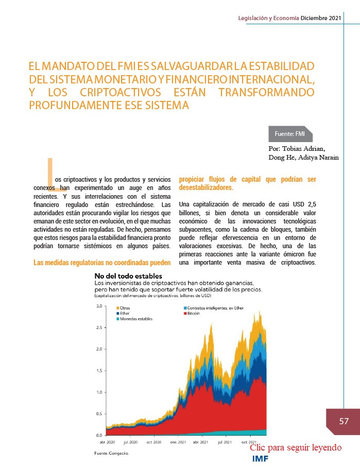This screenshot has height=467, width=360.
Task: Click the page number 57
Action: pos(344,421)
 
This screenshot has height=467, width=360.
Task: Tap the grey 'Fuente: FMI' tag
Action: pos(290,134)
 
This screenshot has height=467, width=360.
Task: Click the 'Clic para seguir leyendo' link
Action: pos(296,447)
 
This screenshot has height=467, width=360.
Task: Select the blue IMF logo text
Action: pos(260,459)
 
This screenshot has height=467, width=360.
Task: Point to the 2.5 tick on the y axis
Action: pos(99,327)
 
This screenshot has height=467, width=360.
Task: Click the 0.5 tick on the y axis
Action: pos(99,413)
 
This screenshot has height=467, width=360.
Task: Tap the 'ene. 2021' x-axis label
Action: pos(178,442)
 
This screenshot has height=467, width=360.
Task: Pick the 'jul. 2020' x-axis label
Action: pos(130,442)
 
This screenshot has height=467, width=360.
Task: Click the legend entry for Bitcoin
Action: pos(192,314)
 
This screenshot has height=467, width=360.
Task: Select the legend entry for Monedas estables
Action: pos(134,319)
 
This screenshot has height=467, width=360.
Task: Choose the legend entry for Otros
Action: pos(123,308)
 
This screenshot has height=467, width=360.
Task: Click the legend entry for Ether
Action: pos(123,314)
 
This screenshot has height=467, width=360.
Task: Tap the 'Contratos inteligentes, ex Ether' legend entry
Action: pos(214,308)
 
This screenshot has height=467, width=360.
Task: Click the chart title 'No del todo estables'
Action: pos(128,276)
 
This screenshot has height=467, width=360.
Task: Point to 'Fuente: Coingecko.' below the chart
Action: pos(112,453)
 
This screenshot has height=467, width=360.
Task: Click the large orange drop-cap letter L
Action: pos(50,170)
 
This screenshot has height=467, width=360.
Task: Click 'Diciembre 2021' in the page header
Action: pos(321,18)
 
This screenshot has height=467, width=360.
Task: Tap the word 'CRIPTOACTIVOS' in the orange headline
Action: pos(121,92)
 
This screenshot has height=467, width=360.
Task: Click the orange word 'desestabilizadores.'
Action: pos(206,187)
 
